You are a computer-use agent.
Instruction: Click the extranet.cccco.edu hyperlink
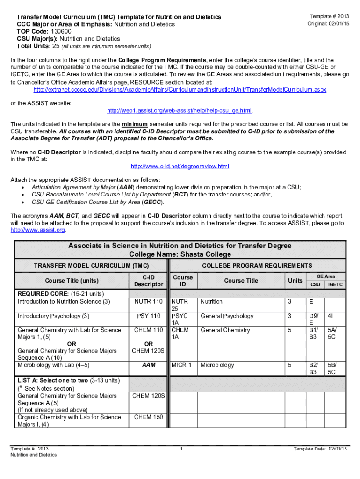180,89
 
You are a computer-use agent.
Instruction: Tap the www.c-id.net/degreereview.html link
180,167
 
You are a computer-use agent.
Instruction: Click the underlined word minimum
135,124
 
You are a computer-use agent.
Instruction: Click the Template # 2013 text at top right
327,16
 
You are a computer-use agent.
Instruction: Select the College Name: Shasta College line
180,254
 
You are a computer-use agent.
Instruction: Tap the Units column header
295,280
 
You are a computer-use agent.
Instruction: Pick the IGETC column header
335,284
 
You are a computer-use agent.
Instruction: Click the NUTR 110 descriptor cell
148,302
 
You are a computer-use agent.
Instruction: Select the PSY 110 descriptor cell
148,316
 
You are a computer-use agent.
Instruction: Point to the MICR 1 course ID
182,365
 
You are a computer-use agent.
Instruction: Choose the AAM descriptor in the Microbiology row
148,365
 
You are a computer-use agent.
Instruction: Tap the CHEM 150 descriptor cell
148,417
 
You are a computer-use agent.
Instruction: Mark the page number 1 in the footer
180,450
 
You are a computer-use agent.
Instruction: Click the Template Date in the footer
320,450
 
